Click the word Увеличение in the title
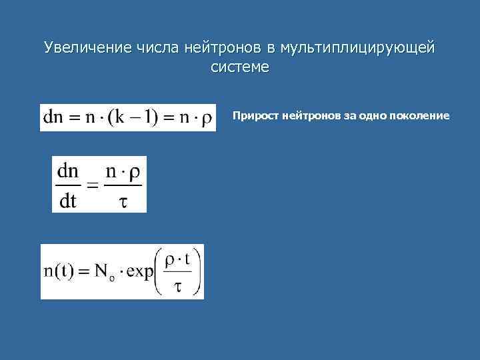click(88, 47)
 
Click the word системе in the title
click(240, 67)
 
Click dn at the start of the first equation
click(54, 117)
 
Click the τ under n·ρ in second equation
click(124, 201)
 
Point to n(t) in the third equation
click(59, 272)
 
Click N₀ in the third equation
click(103, 273)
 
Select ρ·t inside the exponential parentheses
click(178, 259)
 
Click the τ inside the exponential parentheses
click(177, 287)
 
